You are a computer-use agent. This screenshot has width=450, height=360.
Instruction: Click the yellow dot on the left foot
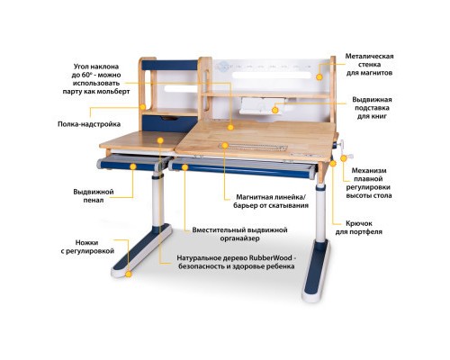point(129,271)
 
